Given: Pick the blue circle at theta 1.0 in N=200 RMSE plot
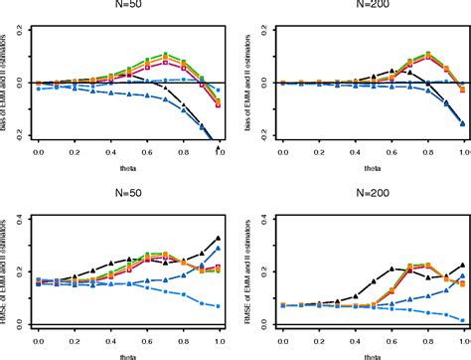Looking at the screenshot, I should click(x=463, y=319).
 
